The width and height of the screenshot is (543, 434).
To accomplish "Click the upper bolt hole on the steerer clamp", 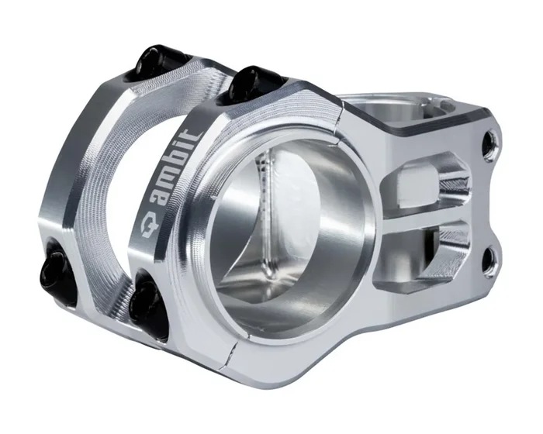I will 489,145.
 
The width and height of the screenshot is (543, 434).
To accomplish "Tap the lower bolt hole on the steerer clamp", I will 489,260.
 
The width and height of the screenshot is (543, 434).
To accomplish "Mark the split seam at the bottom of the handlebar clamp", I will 232,353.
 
